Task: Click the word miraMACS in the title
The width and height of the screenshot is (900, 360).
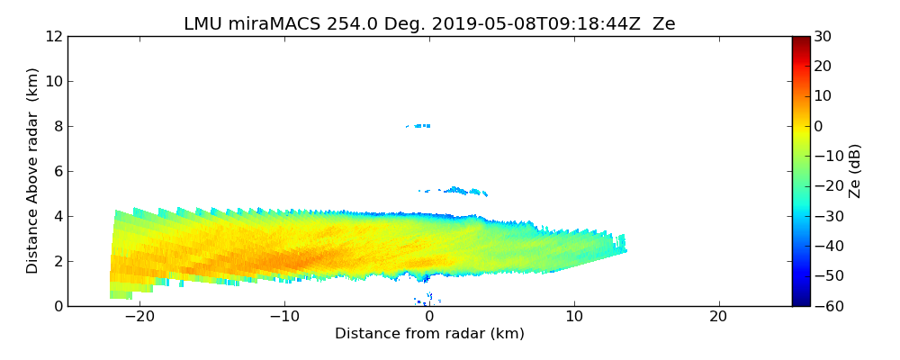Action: (266, 24)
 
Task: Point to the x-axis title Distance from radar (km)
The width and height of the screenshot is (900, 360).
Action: (429, 334)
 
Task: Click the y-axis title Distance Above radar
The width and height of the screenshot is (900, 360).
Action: (33, 171)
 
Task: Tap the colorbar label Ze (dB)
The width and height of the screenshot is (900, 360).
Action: (855, 171)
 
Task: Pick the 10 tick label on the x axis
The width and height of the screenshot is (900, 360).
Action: (574, 318)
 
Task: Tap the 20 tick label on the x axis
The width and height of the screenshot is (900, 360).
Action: (718, 318)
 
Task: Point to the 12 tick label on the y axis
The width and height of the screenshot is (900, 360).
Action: (52, 36)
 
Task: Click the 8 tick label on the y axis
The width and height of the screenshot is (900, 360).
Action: (56, 126)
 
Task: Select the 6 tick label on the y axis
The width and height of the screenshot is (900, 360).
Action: (56, 171)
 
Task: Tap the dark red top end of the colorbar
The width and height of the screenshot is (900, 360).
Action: (801, 40)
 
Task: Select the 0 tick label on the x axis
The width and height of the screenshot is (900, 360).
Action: (429, 318)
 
